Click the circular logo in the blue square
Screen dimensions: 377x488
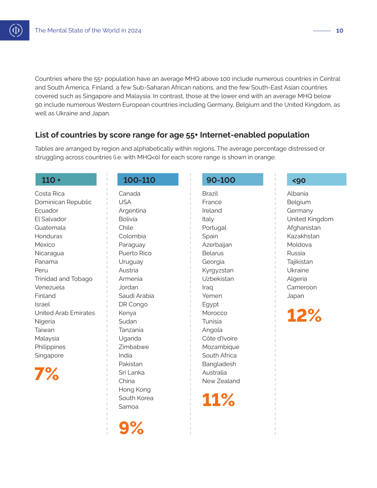tap(16, 30)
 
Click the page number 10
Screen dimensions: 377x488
tap(339, 30)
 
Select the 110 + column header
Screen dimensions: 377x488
tap(66, 179)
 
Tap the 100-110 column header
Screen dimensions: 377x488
tap(148, 179)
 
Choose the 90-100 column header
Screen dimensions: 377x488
tap(232, 179)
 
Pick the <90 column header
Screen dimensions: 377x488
tap(317, 179)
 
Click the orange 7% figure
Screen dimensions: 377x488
tap(47, 374)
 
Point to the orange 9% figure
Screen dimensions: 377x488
tap(131, 428)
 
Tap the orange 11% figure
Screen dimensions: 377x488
tap(218, 400)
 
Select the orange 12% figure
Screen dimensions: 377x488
tap(304, 315)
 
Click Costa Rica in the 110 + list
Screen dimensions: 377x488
tap(50, 193)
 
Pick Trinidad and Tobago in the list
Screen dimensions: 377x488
tap(64, 279)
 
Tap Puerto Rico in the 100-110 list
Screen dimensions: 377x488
tap(135, 253)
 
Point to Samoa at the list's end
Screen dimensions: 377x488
tap(128, 407)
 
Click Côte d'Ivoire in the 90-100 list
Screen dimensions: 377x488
tap(220, 338)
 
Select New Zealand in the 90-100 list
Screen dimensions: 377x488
tap(221, 381)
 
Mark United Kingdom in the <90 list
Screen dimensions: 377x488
tap(310, 219)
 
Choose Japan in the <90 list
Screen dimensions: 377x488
tap(295, 296)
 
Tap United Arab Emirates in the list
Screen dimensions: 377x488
tap(65, 313)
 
